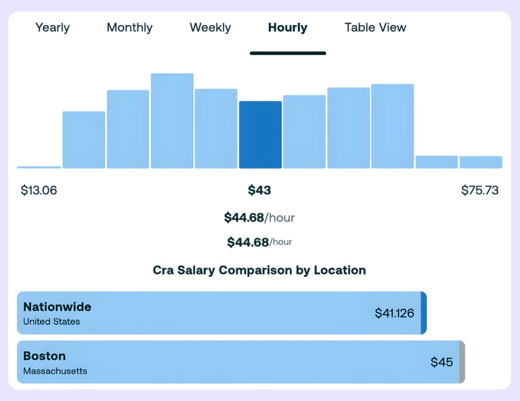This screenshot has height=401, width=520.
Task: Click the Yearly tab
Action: point(52,28)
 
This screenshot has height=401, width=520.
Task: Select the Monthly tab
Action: point(129,28)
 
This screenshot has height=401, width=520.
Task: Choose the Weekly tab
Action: point(210,28)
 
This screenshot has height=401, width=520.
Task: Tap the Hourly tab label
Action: point(287,28)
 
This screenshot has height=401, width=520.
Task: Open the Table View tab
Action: point(375,28)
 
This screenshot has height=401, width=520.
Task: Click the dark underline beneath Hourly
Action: point(288,53)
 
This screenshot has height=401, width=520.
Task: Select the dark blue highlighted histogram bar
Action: point(260,135)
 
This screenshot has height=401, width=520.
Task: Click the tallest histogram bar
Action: point(172,121)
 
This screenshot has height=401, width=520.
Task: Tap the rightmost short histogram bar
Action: point(481,162)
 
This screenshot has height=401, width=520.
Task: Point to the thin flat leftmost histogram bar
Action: point(39,167)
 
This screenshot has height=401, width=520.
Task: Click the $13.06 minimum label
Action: point(39,190)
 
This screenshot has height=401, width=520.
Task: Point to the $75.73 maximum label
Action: point(479,190)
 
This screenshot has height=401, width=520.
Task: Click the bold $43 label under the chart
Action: point(259,190)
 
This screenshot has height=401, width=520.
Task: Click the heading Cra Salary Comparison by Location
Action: point(259,270)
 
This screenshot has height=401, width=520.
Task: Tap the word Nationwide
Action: point(57,306)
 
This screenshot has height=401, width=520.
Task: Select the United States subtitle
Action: point(51,322)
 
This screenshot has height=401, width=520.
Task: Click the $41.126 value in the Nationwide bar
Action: point(394,313)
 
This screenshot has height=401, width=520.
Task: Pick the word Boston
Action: point(44,356)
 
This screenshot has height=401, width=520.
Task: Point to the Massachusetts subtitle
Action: point(55,371)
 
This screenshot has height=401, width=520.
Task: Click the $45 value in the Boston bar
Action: point(441,362)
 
